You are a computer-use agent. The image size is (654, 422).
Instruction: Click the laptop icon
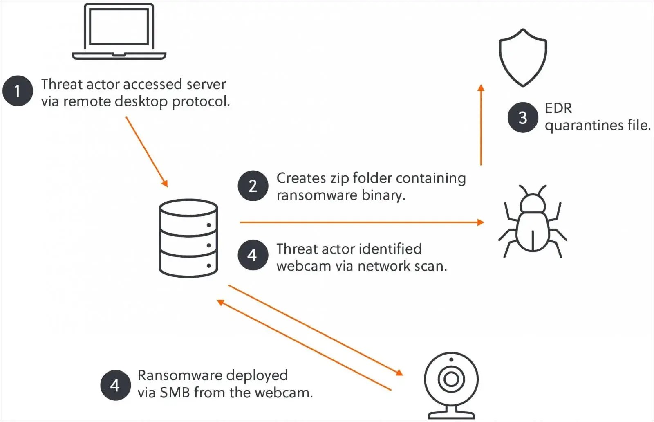[x=119, y=32]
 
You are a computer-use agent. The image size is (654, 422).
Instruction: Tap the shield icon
[x=523, y=57]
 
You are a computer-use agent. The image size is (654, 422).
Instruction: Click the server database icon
[x=188, y=238]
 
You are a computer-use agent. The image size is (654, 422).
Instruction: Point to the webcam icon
[x=451, y=384]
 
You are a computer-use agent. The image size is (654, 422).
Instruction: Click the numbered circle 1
[x=17, y=91]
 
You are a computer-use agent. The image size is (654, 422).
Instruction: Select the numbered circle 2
[x=253, y=186]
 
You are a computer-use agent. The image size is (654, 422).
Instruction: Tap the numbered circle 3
[x=523, y=117]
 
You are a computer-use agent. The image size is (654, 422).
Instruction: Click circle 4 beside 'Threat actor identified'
[x=253, y=255]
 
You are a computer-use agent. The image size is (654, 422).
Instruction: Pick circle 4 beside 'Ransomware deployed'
[x=116, y=385]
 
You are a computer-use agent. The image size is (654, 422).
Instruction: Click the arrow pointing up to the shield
[x=481, y=125]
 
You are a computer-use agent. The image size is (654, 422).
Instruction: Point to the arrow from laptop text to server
[x=147, y=152]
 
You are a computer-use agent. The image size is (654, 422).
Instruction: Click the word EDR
[x=558, y=108]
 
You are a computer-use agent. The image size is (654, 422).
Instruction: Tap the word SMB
[x=175, y=393]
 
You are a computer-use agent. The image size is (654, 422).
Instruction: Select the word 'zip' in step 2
[x=338, y=178]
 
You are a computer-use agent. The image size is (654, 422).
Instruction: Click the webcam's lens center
[x=451, y=379]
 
